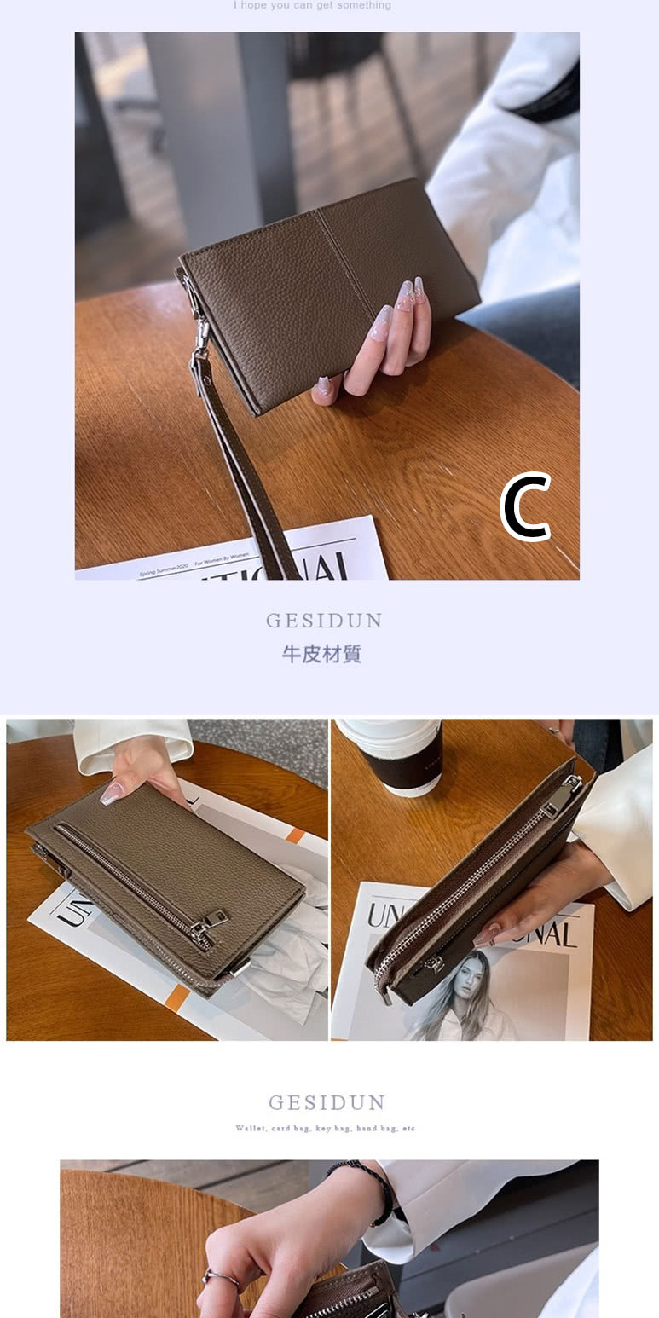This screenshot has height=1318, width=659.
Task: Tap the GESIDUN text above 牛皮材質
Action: [x=324, y=621]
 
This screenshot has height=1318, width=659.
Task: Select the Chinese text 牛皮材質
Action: [x=322, y=654]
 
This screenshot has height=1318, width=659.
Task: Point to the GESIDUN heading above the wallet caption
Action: [x=327, y=1103]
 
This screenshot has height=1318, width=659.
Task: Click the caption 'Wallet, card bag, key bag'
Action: [x=326, y=1129]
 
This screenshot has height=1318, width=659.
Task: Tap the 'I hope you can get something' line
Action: [x=312, y=5]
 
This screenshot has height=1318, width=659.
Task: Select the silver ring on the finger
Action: [x=220, y=1276]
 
